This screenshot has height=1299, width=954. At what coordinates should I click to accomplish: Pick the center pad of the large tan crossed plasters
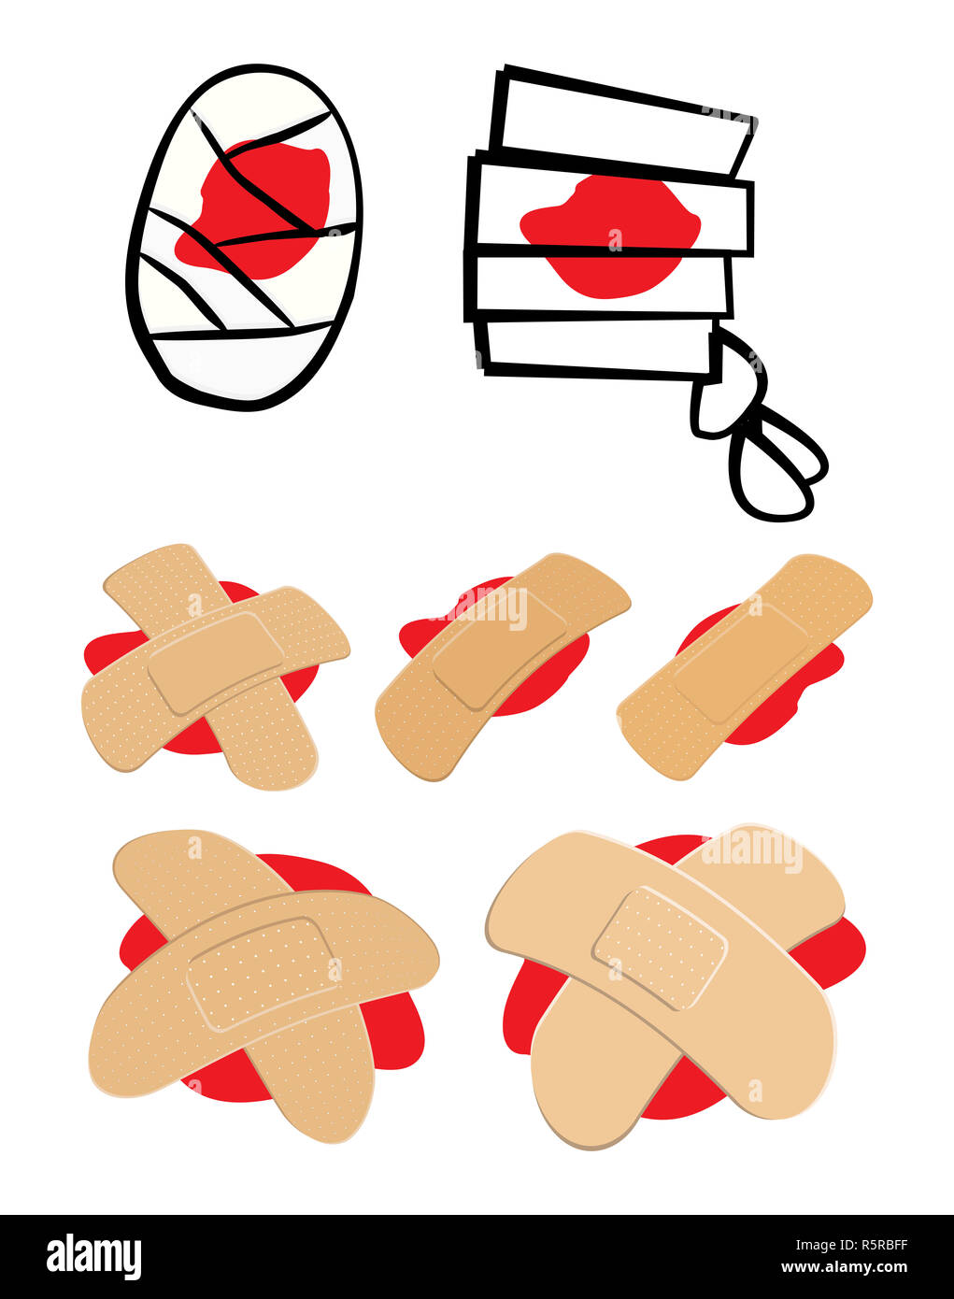[x=262, y=972]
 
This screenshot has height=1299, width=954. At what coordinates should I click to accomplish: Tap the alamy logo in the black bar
[x=93, y=1257]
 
